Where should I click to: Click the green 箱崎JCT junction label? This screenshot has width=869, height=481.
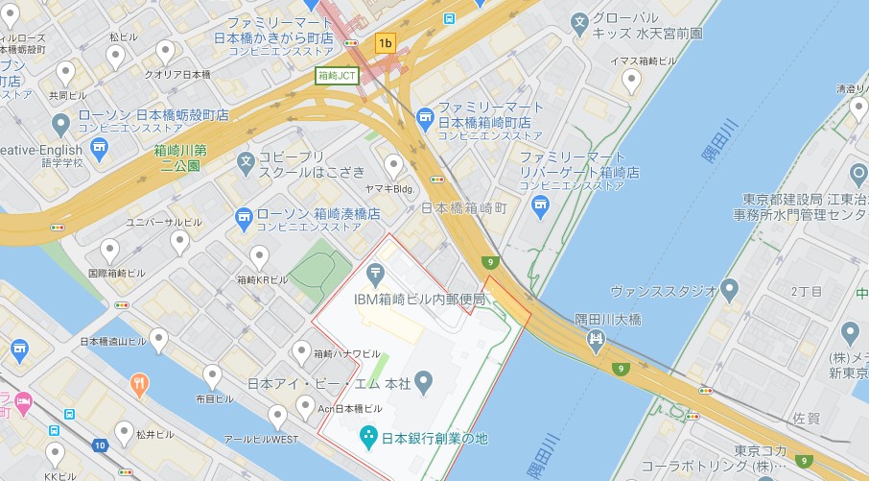coord(337,75)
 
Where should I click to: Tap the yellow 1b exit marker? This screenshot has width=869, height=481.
coord(386,42)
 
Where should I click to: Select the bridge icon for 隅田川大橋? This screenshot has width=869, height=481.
coord(596,338)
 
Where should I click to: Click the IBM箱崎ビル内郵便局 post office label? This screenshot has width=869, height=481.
coord(419,299)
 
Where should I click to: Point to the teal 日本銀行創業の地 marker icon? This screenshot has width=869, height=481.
coord(367,439)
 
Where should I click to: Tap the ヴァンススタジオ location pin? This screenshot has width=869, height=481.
coord(730,289)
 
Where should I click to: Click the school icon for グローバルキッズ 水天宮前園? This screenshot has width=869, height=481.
coord(579,21)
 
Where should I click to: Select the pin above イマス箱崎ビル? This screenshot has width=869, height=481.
coord(631,82)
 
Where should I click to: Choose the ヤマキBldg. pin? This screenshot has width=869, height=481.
coord(393,165)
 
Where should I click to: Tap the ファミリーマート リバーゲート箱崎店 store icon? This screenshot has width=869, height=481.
coord(541,204)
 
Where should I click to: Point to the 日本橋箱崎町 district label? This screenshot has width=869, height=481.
coord(464,207)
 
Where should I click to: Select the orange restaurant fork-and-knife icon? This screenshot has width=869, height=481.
coord(139,385)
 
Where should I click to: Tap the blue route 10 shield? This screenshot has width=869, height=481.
coord(100,445)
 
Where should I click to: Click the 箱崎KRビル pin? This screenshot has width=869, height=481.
coord(259,256)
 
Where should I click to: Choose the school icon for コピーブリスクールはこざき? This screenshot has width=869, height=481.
coord(246,161)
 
